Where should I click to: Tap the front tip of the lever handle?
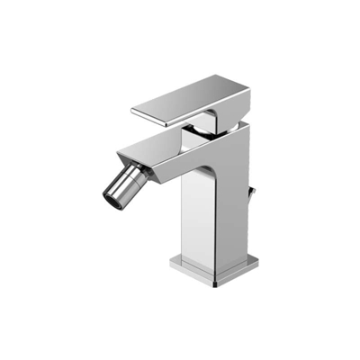137,112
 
